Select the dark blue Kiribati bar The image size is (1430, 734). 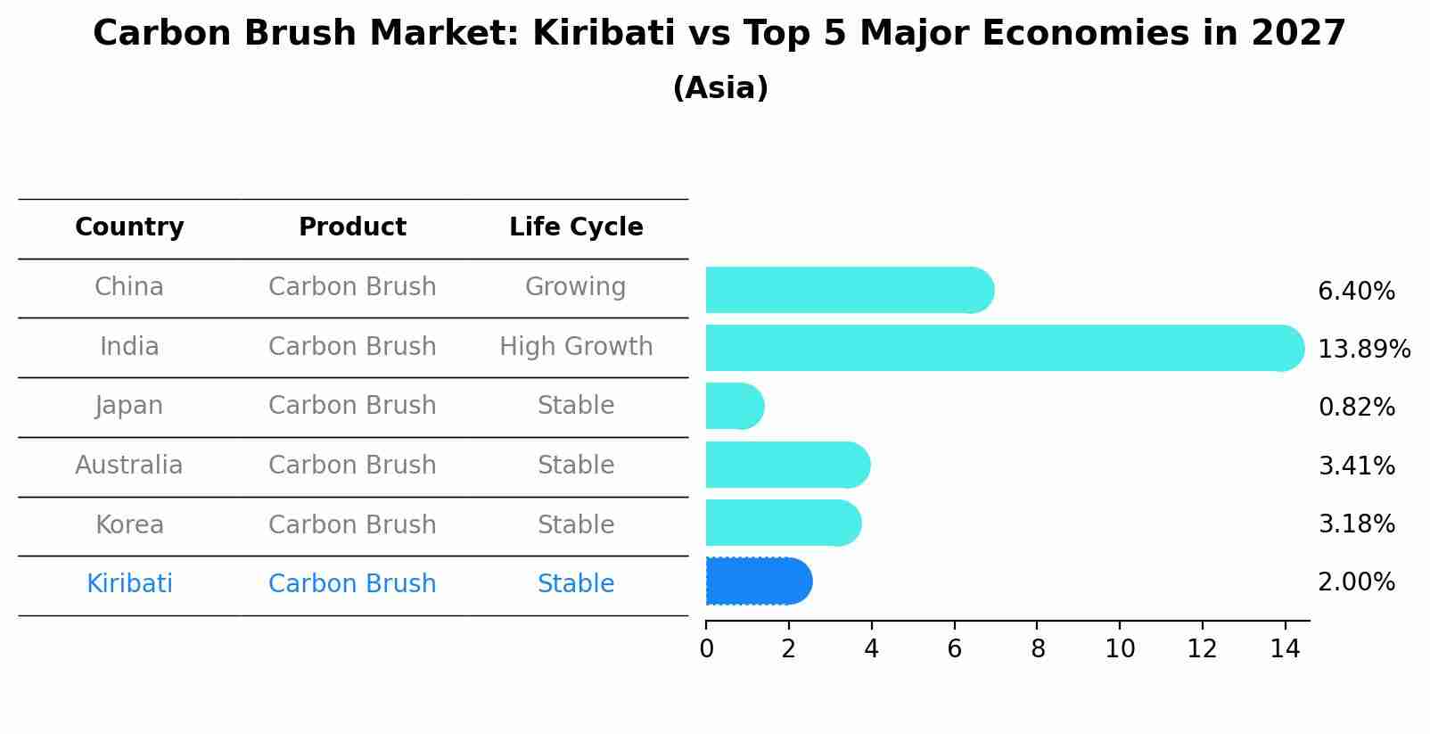click(758, 581)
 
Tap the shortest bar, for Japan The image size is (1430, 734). click(734, 407)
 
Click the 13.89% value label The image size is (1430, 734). click(1363, 349)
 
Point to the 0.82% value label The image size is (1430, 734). click(1356, 408)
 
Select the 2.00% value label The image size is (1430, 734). click(1356, 582)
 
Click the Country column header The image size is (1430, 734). click(129, 227)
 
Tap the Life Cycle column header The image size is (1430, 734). click(576, 227)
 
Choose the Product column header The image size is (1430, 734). click(352, 227)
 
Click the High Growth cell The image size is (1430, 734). click(576, 347)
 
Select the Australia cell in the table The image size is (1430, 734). click(129, 466)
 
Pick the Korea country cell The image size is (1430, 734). click(129, 525)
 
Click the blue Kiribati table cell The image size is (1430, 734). click(129, 584)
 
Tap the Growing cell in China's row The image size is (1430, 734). click(575, 287)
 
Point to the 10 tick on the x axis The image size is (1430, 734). click(1120, 649)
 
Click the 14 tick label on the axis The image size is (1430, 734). click(1285, 649)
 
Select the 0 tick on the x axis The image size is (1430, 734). click(706, 649)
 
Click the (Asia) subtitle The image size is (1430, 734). click(720, 88)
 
